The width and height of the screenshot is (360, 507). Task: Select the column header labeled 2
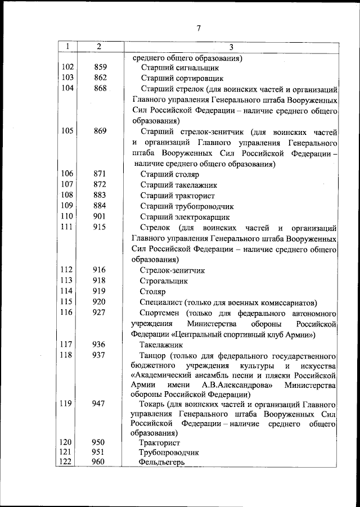tap(99, 47)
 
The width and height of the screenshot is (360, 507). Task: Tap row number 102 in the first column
tap(67, 67)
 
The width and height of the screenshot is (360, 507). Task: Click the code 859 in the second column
tap(100, 67)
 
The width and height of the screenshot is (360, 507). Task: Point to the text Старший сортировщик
tap(182, 78)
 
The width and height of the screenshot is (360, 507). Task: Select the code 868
tap(100, 89)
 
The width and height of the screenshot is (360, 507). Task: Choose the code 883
tap(100, 196)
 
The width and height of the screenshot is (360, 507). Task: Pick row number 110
tap(67, 217)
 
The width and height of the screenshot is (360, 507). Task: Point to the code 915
tap(100, 228)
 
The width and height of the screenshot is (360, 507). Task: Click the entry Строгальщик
tap(164, 280)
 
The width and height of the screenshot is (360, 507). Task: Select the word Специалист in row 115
tap(160, 302)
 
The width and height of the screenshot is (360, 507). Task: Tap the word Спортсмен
tap(160, 313)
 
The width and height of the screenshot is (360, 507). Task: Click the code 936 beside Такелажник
tap(100, 345)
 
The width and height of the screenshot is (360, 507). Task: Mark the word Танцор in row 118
tap(153, 355)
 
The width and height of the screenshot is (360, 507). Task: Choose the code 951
tap(100, 451)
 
